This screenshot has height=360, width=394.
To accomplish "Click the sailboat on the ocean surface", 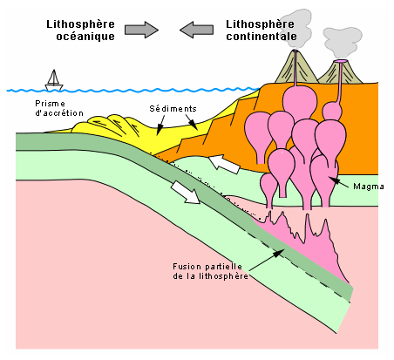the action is tap(54, 80).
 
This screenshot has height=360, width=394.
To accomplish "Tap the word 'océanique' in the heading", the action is tap(85, 37).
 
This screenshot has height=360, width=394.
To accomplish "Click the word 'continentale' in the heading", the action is tap(262, 37).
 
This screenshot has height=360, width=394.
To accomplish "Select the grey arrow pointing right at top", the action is tap(141, 30).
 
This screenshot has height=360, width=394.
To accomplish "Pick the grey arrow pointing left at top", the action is tap(197, 30).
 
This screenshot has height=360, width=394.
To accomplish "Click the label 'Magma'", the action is tap(369, 187).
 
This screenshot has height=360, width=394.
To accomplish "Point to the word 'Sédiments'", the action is tap(173, 109).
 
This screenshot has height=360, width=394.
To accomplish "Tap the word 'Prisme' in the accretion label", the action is tap(50, 104).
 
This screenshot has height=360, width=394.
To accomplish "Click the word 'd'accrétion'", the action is tap(59, 112).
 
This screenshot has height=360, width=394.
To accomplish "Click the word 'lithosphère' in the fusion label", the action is tap(223, 276).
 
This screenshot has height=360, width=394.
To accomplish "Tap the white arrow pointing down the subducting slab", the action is tap(185, 192).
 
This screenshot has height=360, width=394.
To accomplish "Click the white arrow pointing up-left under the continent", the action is tap(225, 165).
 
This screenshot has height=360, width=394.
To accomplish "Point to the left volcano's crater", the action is tap(295, 51).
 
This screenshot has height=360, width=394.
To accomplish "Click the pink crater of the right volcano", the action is tap(340, 61).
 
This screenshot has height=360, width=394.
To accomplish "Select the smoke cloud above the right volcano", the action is tap(343, 42).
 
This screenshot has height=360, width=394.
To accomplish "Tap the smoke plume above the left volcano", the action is tap(296, 29).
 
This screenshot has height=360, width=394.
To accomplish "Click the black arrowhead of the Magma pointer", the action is tap(334, 180).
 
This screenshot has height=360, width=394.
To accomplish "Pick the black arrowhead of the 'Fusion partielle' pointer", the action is tap(279, 254).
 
